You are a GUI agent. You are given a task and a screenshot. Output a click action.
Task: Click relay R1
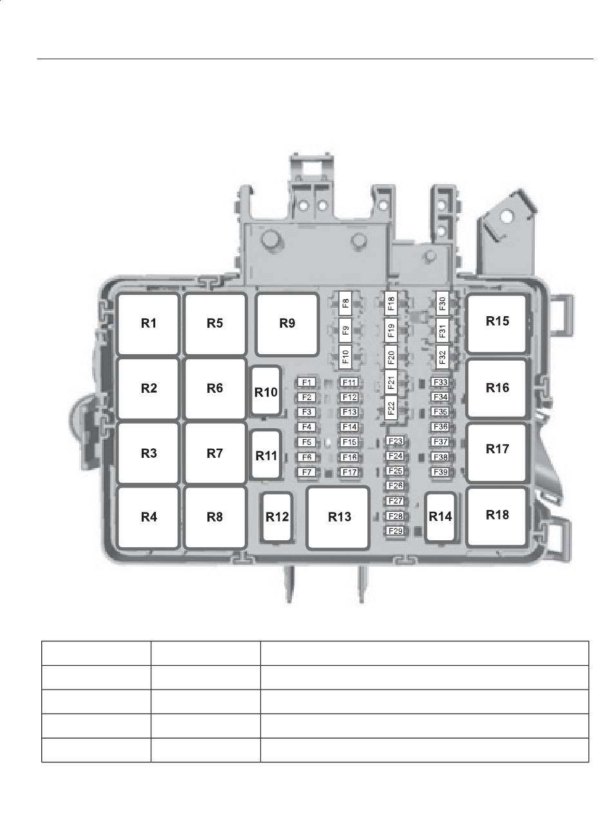[148, 324]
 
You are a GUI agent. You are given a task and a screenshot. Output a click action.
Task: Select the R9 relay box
[287, 324]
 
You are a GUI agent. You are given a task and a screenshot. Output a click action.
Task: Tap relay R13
[338, 517]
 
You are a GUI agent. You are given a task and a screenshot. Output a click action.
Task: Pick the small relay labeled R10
[265, 391]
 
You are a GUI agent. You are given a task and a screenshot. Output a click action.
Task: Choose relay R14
[441, 517]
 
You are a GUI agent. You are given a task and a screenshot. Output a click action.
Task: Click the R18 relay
[497, 516]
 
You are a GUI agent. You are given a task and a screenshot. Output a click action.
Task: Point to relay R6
[215, 389]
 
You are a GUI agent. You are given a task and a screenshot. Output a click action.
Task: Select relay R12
[277, 517]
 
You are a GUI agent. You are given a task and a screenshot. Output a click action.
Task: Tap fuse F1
[307, 382]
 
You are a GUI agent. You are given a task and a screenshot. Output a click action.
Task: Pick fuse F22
[391, 408]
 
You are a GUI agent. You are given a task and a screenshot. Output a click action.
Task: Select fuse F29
[396, 531]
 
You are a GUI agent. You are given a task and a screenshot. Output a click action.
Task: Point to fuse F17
[349, 472]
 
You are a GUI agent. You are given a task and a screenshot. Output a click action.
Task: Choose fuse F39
[441, 472]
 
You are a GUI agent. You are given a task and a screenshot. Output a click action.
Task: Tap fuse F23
[396, 441]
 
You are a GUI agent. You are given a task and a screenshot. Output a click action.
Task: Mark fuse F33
[441, 382]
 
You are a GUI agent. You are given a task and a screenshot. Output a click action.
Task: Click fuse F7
[307, 472]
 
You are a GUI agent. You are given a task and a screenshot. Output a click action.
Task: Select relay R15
[497, 323]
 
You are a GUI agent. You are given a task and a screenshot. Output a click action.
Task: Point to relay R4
[148, 517]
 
